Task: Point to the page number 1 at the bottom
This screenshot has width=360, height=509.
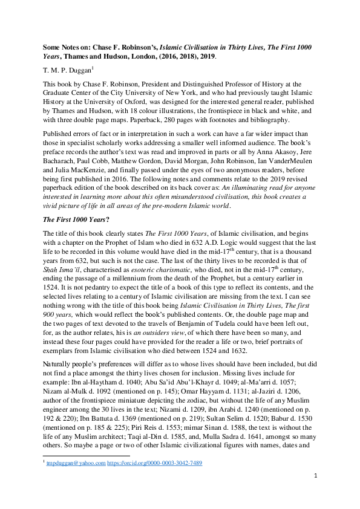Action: [x=315, y=493]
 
